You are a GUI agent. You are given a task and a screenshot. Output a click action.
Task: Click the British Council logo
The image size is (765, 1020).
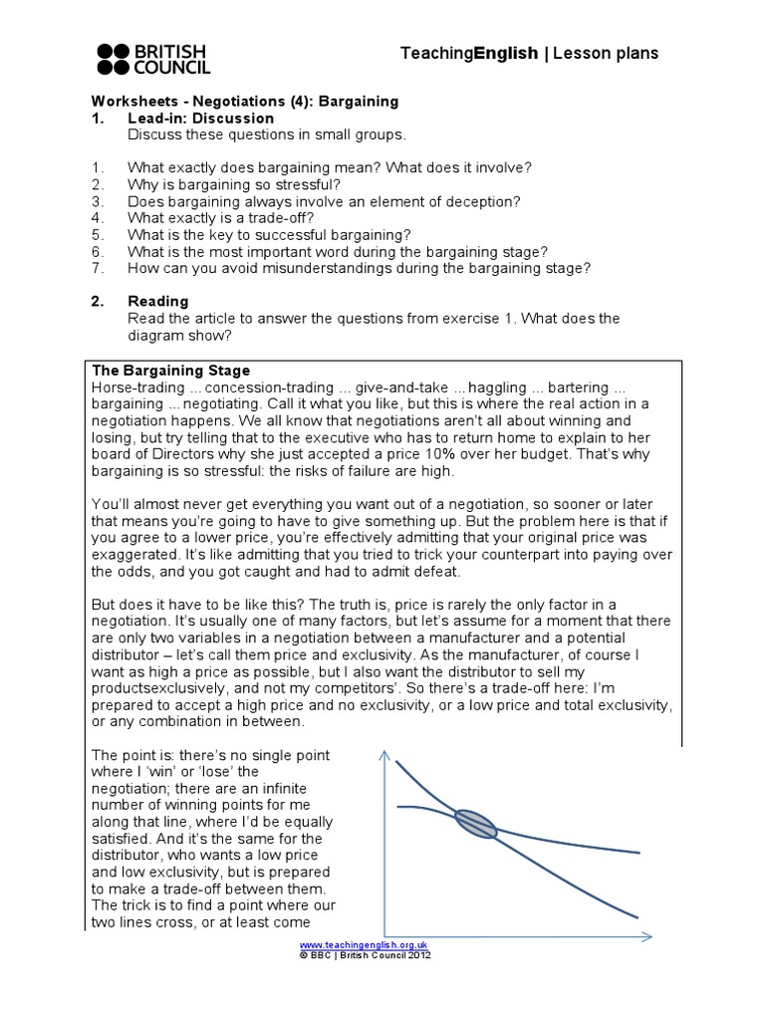(x=152, y=59)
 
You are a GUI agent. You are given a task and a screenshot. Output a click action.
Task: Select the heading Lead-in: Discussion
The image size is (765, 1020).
(x=200, y=119)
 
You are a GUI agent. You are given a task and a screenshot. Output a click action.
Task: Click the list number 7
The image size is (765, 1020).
(x=97, y=267)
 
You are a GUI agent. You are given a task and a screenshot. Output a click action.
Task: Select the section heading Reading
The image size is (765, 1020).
(x=157, y=301)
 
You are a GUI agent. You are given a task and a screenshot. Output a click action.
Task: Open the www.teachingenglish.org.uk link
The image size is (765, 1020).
(x=364, y=943)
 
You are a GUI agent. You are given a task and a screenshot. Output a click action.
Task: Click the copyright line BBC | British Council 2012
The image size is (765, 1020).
(x=364, y=953)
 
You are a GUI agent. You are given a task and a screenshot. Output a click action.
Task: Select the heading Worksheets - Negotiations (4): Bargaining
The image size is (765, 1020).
(x=245, y=102)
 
